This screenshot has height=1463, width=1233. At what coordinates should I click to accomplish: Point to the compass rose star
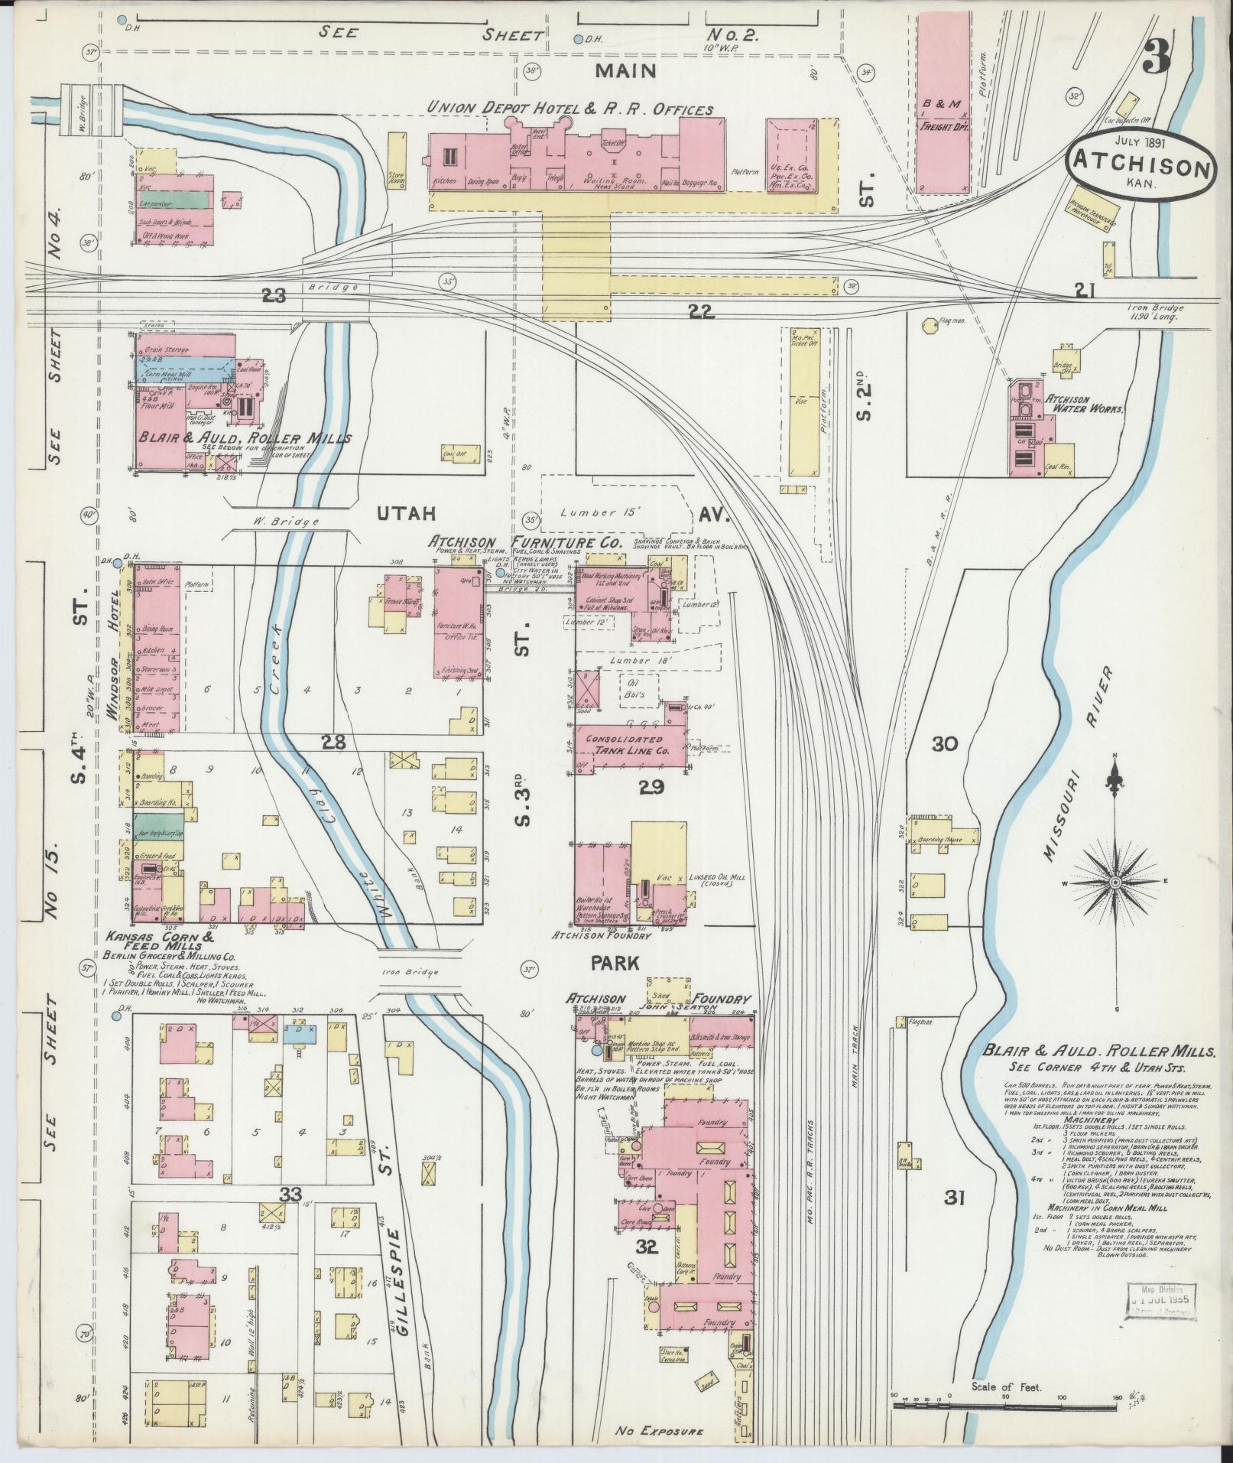coord(1115,883)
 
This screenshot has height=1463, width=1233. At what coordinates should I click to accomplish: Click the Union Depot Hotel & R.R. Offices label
coord(569,109)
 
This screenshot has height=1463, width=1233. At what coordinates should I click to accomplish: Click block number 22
coord(699,311)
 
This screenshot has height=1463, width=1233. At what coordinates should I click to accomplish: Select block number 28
coord(333,741)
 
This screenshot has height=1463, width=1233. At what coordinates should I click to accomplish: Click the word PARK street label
coord(615,963)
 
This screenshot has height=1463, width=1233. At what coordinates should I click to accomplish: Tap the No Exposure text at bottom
coord(659,1430)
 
